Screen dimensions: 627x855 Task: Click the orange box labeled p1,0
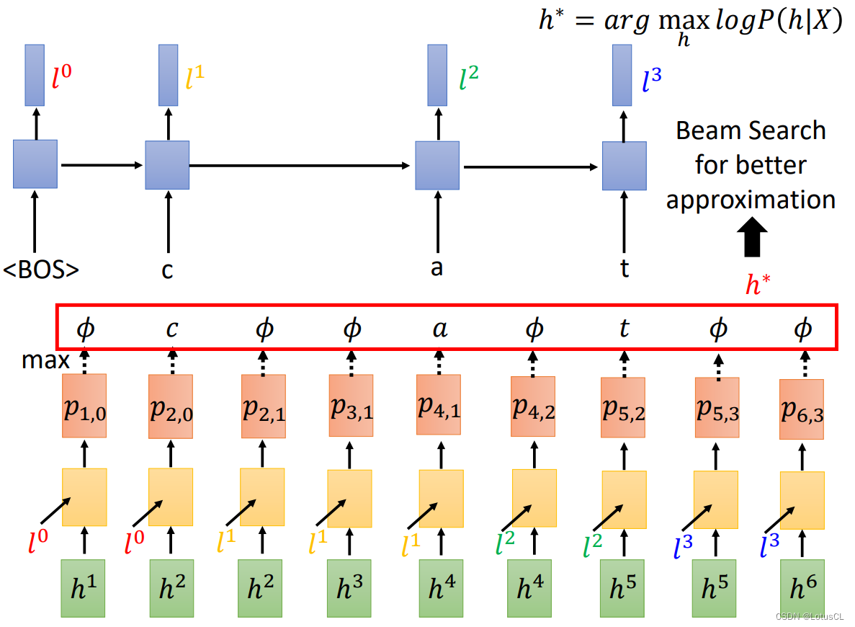coord(84,406)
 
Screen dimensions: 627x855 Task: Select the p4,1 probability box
coord(439,405)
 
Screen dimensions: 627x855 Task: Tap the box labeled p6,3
coord(802,409)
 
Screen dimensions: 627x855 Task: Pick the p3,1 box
coord(351,406)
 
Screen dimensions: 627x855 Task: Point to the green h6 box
coord(802,587)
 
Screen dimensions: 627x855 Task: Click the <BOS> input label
coord(41,270)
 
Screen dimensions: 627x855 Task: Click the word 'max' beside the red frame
coord(45,360)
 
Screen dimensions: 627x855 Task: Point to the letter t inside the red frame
coord(624,329)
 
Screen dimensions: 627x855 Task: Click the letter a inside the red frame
coord(439,329)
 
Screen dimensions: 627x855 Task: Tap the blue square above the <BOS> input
coord(35,164)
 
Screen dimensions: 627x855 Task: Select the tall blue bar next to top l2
coord(437,75)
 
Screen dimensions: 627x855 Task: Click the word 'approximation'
coord(751,200)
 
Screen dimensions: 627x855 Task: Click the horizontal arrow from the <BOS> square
coord(102,165)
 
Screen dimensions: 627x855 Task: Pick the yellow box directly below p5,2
coord(624,499)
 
